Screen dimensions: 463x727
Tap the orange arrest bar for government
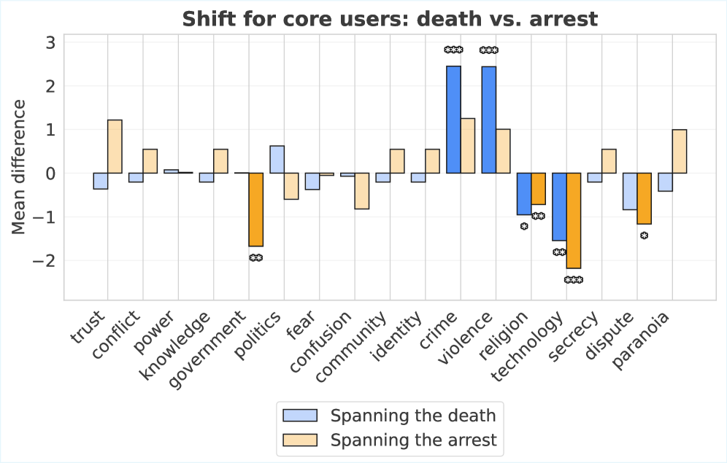(x=255, y=209)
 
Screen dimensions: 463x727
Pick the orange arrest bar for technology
(x=574, y=220)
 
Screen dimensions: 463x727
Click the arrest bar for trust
(x=115, y=147)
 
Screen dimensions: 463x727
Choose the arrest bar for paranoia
(x=680, y=151)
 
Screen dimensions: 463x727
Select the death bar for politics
(x=277, y=160)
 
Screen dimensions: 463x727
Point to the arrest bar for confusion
(x=361, y=191)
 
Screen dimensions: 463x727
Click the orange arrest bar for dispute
(x=645, y=198)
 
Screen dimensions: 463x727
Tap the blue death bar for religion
(x=524, y=194)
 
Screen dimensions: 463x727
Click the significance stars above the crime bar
(x=453, y=50)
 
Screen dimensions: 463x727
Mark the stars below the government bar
(x=255, y=258)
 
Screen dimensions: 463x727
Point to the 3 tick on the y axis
(x=50, y=42)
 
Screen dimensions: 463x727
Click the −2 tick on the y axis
(x=45, y=260)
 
